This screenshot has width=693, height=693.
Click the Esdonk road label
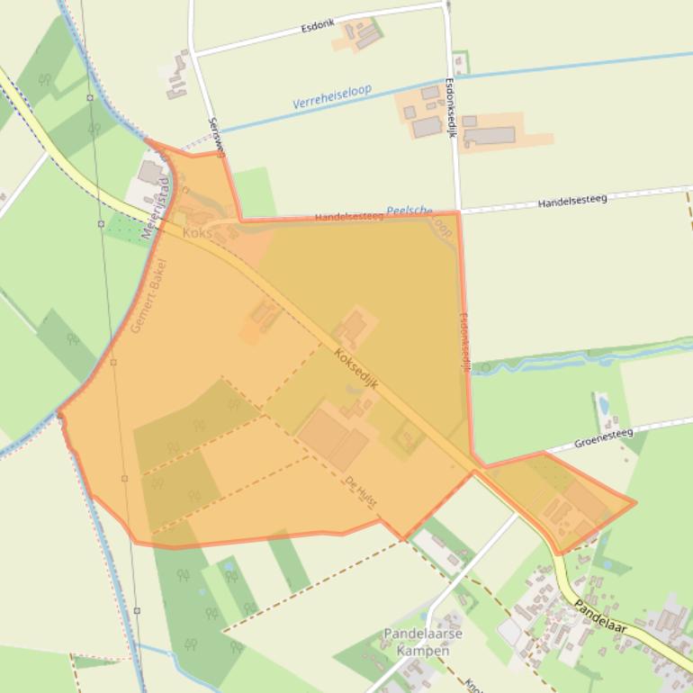pos(318,27)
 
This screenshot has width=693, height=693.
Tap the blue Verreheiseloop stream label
pos(332,96)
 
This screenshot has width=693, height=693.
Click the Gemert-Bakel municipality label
pos(148,296)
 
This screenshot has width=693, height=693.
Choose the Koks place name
pos(196,233)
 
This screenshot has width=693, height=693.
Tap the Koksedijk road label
pos(355,369)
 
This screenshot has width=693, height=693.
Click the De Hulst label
pos(361,491)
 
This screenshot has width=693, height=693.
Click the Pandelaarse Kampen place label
pos(423,641)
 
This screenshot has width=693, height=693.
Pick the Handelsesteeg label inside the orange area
pos(348,217)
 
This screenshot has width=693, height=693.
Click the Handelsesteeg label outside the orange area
pos(572,202)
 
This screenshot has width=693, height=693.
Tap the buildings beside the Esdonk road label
pos(361,34)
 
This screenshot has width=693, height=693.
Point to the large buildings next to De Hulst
pos(332,436)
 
